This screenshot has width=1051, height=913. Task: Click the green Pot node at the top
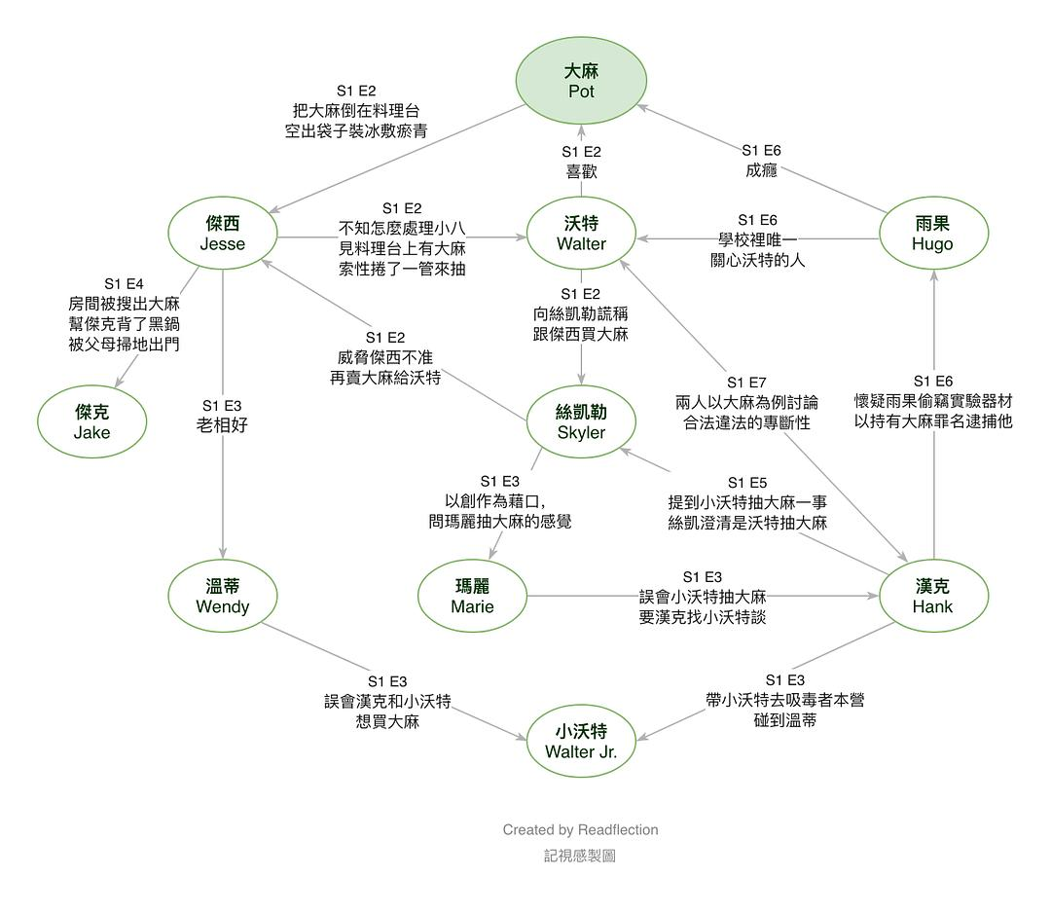(x=581, y=81)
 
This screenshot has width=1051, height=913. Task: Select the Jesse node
(x=223, y=234)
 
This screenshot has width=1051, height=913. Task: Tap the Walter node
(x=581, y=234)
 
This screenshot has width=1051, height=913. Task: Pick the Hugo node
(x=932, y=234)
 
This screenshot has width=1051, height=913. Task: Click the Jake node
(x=92, y=422)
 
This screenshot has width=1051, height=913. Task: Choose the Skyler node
(x=581, y=422)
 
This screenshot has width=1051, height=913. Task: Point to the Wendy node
(x=223, y=597)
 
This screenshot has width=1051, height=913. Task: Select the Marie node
(x=472, y=597)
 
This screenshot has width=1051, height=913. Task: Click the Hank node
(x=932, y=597)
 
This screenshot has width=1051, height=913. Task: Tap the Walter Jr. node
(x=581, y=741)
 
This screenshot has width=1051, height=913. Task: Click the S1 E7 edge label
(x=746, y=382)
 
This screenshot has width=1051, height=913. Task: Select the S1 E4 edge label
(x=124, y=283)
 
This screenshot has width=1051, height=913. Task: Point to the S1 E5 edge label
(x=746, y=483)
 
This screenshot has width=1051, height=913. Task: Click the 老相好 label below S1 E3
(x=222, y=424)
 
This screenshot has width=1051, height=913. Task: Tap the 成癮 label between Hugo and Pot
(x=761, y=170)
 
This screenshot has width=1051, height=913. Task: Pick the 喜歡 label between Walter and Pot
(x=581, y=171)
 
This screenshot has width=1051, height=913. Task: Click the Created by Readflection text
(x=580, y=830)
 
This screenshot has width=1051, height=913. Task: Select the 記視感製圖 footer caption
(x=580, y=856)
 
